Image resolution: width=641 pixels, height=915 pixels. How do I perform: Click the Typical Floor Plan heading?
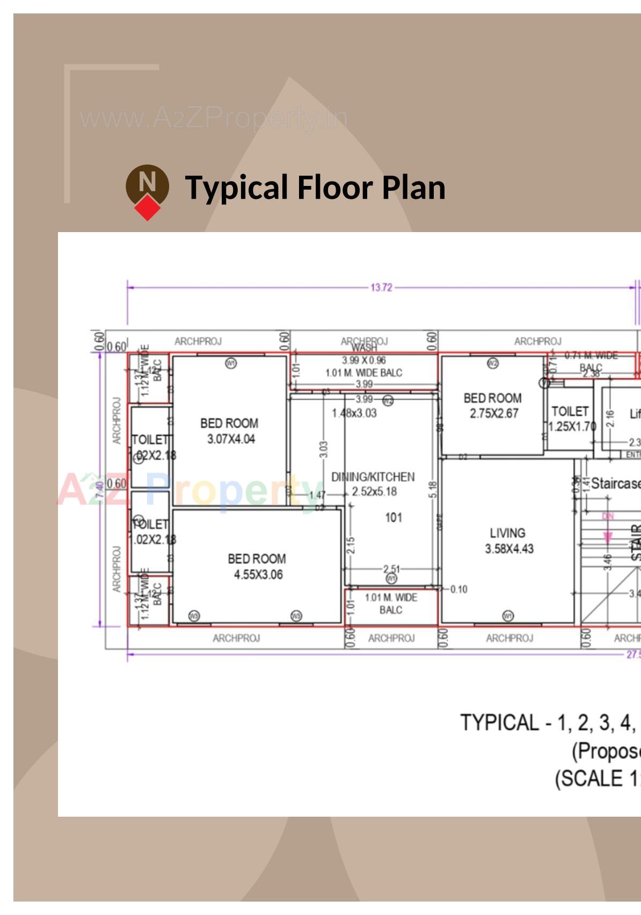[x=315, y=188]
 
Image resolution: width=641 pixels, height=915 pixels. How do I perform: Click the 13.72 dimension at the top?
[x=381, y=287]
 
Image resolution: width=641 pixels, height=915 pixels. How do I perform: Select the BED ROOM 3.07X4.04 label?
[x=230, y=431]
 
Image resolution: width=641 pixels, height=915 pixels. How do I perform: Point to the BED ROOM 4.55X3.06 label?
[x=257, y=566]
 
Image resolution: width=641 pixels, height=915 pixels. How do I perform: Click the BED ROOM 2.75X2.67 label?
[x=493, y=406]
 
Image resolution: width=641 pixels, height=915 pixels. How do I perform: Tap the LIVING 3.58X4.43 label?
[x=508, y=541]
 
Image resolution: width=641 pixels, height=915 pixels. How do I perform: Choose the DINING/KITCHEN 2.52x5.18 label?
[x=373, y=484]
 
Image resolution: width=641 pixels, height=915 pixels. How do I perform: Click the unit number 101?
[x=394, y=517]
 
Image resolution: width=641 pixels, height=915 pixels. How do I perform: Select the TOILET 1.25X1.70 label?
[x=571, y=419]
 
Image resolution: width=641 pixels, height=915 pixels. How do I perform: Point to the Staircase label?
[x=615, y=484]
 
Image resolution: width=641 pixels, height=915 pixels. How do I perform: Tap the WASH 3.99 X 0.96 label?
[x=364, y=355]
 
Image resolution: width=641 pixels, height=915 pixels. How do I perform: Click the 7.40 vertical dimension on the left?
[x=100, y=489]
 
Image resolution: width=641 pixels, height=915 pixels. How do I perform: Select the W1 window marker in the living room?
[x=508, y=616]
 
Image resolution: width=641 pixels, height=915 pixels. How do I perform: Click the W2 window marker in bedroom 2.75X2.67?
[x=493, y=363]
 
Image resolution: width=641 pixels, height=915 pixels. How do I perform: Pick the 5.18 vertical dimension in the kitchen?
[x=433, y=489]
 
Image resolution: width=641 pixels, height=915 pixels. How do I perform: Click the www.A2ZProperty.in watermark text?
[x=214, y=118]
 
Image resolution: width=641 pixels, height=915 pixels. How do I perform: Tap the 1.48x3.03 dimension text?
[x=354, y=413]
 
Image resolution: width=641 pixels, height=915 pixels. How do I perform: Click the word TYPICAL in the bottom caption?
[x=499, y=723]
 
